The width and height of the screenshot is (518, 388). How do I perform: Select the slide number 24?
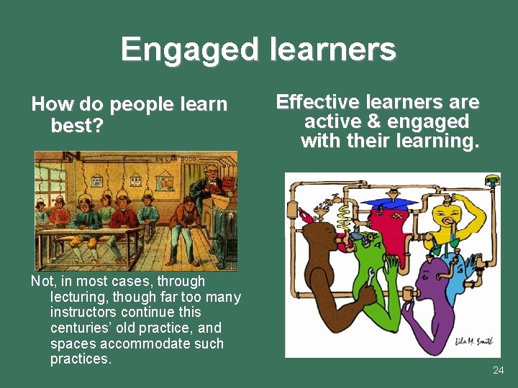[499, 370]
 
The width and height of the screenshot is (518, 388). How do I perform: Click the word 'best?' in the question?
[77, 126]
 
